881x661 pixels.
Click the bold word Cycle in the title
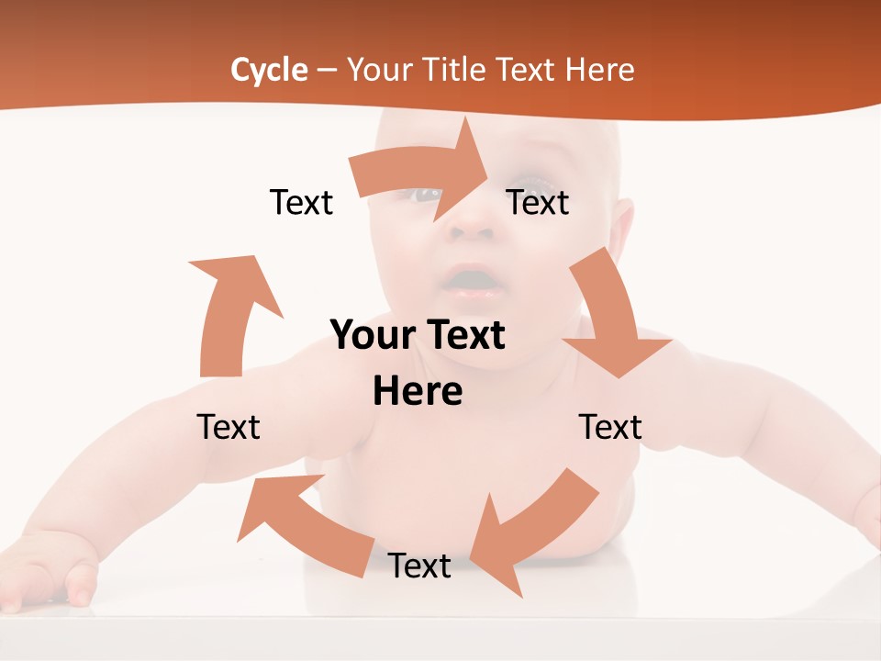coord(269,70)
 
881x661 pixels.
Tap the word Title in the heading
coord(453,70)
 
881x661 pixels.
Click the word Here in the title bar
coord(599,70)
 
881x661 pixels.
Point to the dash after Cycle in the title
coord(327,71)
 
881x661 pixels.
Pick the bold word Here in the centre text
coord(418,392)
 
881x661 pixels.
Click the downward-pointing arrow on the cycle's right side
coord(610,317)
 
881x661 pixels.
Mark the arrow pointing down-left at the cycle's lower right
coord(532,528)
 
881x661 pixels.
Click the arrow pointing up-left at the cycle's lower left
coord(303,523)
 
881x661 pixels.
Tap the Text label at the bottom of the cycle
coord(419,566)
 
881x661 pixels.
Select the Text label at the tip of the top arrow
coord(538,203)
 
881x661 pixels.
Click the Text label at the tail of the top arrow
coord(301,203)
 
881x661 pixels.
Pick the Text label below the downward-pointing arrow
coord(610,427)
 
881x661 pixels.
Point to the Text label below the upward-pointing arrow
coord(229,427)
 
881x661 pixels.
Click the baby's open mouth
coord(473,277)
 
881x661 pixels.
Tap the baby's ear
coord(622,230)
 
